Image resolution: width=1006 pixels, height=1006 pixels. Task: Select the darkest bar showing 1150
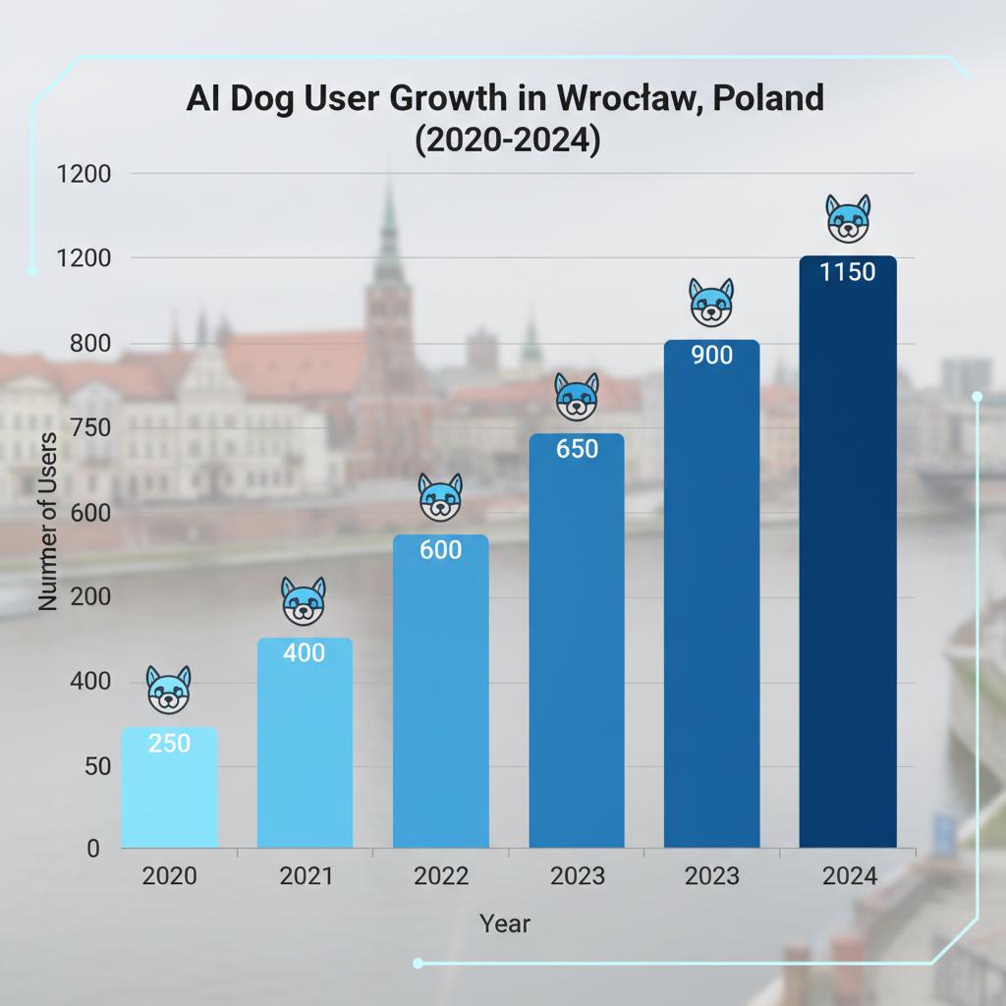[x=847, y=550]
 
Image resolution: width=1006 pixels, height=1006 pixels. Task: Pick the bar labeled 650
[x=577, y=639]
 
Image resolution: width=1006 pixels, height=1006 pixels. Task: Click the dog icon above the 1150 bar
[x=847, y=218]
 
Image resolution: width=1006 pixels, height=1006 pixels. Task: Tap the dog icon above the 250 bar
[x=169, y=689]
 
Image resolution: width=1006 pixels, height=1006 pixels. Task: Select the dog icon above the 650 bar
[x=577, y=397]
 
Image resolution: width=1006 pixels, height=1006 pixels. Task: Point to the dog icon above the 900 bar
[x=711, y=303]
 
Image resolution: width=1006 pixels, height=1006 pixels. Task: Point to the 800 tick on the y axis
[x=89, y=344]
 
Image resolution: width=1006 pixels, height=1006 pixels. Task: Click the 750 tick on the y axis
[x=89, y=428]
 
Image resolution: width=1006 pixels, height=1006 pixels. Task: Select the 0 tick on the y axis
[x=93, y=849]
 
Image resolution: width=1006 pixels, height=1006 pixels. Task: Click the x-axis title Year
[x=505, y=924]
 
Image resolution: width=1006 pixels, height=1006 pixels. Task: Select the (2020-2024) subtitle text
[x=505, y=140]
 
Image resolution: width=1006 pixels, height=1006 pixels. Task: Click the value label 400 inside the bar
[x=304, y=653]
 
